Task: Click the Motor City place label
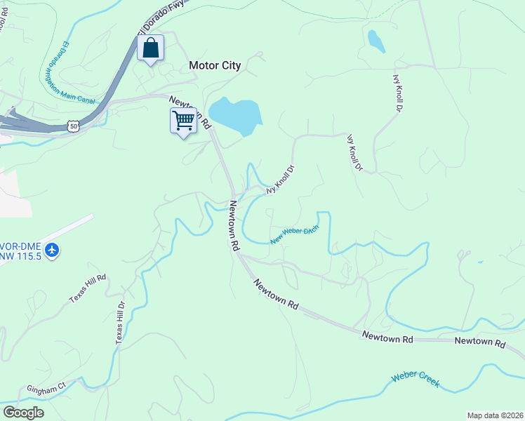point(215,66)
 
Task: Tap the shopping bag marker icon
point(150,48)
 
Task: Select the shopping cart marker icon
point(183,120)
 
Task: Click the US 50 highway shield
point(73,126)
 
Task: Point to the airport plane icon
point(52,250)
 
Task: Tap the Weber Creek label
point(416,380)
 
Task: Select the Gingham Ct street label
point(46,386)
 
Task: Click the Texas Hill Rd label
point(88,288)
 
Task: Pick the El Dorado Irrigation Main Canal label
point(69,74)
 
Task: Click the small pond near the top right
point(376,41)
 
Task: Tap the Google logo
point(23,413)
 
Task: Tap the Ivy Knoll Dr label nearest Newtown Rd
point(280,180)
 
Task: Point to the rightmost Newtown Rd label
point(479,343)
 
